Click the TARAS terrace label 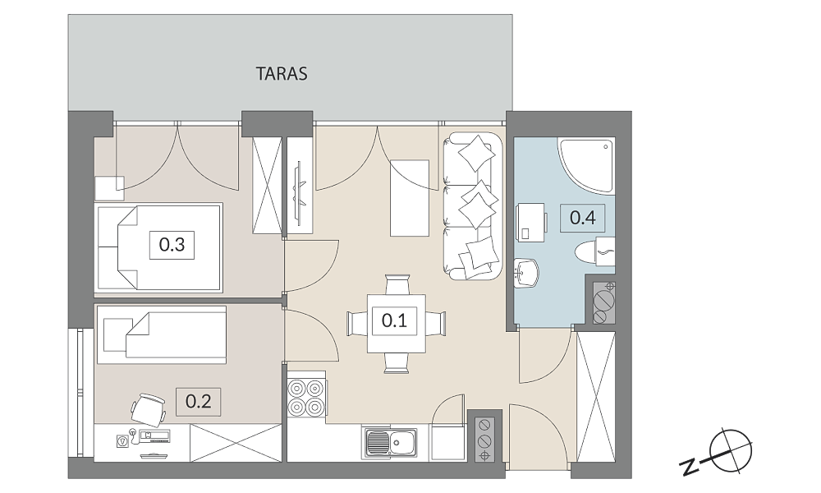pos(281,73)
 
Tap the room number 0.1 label pos(394,320)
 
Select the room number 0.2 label pos(199,401)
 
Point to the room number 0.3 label pos(172,244)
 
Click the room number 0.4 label pos(582,218)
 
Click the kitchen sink pos(389,443)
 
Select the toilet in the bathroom pos(594,251)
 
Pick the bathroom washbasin pos(526,273)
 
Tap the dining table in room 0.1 pos(396,323)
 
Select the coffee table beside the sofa pos(410,198)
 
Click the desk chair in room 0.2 pos(149,408)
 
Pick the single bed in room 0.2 pos(162,334)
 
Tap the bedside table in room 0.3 pos(109,189)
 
